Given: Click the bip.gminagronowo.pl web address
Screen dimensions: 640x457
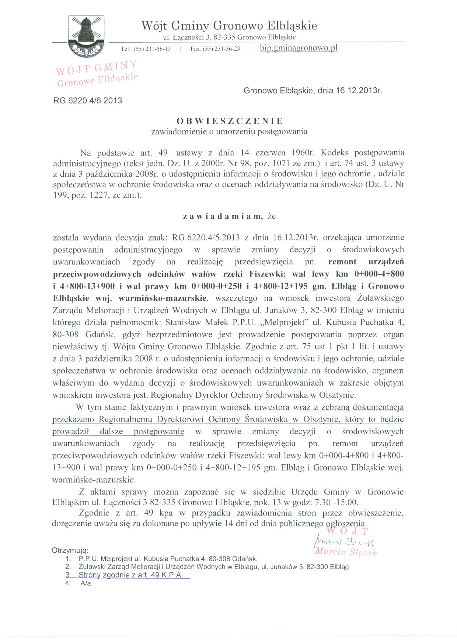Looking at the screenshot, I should pos(299,48).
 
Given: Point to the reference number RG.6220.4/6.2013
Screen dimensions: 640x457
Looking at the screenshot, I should pos(88,101).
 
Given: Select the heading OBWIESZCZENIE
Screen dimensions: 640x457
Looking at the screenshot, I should pos(229,121).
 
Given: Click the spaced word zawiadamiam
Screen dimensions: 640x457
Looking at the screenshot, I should pos(223,217).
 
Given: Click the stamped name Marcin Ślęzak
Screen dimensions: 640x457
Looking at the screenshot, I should pos(345,552).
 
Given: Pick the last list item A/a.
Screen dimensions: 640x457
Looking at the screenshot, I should pos(86,584).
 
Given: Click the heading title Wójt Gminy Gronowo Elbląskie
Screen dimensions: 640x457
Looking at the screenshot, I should pos(229,25).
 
